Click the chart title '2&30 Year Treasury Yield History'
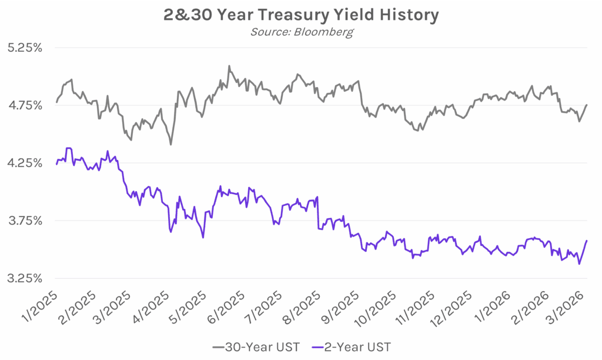[300, 15]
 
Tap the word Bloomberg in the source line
[327, 32]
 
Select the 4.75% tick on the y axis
[25, 105]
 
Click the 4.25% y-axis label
[25, 163]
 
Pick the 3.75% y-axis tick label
[25, 221]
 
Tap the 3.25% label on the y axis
[25, 278]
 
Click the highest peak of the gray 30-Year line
[229, 66]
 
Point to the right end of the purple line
[587, 241]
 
